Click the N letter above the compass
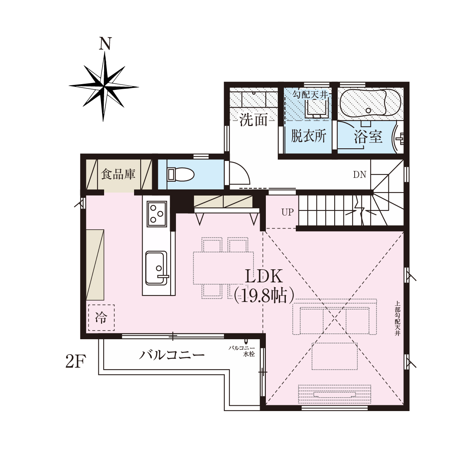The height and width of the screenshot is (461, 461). [106, 43]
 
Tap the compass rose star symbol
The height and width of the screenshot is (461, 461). [104, 86]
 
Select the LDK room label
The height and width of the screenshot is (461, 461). [264, 277]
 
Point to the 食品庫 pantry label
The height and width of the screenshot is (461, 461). [118, 174]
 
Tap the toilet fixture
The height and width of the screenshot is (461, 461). [181, 174]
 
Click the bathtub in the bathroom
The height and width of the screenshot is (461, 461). [370, 104]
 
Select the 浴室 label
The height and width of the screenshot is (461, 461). [368, 137]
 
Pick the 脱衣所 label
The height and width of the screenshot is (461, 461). [308, 136]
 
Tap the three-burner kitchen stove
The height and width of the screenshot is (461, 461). [157, 214]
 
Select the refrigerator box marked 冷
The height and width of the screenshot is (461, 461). [101, 317]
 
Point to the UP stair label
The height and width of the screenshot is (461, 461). [287, 212]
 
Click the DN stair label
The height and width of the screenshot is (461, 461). [360, 175]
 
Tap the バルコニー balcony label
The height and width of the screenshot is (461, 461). [172, 355]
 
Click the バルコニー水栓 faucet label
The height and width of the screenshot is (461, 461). [242, 351]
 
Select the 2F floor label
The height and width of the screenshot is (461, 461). [75, 362]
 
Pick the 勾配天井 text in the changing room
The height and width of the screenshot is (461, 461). [310, 95]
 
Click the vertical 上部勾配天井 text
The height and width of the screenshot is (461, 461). [397, 318]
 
